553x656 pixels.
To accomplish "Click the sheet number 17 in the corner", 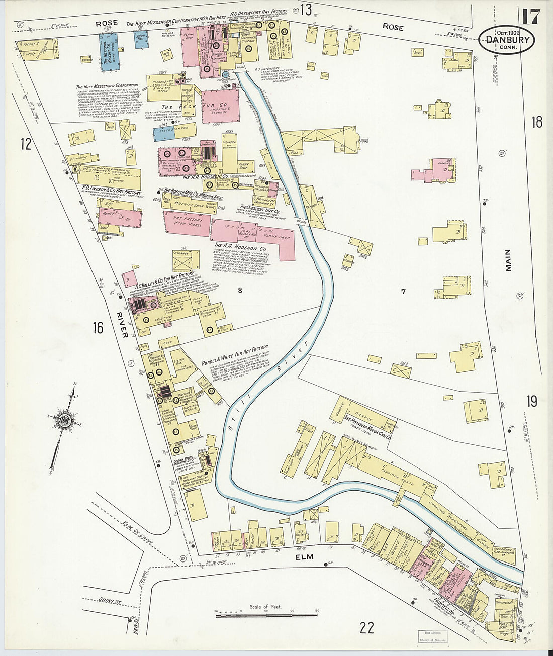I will [530, 17].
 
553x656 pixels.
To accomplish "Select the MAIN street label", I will [508, 260].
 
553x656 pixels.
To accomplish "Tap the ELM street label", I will [304, 557].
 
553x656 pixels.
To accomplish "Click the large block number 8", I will [240, 290].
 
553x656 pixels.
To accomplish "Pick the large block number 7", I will [403, 291].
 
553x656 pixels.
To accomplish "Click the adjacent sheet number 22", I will [367, 627].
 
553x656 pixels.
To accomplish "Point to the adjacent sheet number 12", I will [26, 145].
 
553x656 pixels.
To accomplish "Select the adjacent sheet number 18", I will [537, 122].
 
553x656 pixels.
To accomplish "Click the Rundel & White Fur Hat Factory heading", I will [235, 356].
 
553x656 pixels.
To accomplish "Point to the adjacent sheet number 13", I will [306, 9].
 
